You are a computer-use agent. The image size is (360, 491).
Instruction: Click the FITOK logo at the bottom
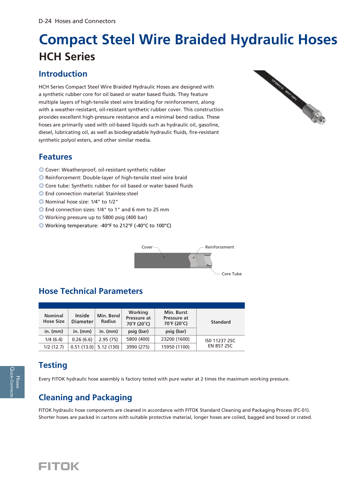click(59, 466)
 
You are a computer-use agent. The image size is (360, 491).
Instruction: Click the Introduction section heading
click(63, 74)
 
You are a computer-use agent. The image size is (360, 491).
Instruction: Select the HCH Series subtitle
click(67, 57)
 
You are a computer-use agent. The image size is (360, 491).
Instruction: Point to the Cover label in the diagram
click(147, 247)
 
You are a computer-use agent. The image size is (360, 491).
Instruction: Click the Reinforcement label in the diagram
click(219, 247)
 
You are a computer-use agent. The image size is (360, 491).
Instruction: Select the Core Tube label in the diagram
click(232, 274)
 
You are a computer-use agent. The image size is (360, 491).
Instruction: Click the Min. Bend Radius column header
click(108, 318)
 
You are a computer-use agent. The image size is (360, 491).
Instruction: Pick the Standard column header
click(220, 322)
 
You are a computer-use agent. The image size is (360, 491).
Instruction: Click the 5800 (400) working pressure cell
click(138, 339)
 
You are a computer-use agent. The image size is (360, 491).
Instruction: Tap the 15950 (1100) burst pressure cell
click(175, 347)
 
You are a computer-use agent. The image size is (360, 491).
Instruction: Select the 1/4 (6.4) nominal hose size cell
click(54, 339)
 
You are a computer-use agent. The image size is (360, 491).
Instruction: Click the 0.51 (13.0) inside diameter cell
click(82, 347)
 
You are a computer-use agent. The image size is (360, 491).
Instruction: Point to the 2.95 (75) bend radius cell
click(108, 339)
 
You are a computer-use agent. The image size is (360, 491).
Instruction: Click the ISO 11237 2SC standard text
click(220, 340)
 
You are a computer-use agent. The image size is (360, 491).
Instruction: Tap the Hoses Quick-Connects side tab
click(12, 382)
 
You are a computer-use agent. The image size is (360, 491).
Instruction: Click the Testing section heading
click(53, 365)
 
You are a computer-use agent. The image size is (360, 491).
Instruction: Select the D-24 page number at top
click(45, 21)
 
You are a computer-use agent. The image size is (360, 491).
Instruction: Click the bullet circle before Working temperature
click(41, 225)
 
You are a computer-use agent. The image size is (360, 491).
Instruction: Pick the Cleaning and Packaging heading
click(85, 398)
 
